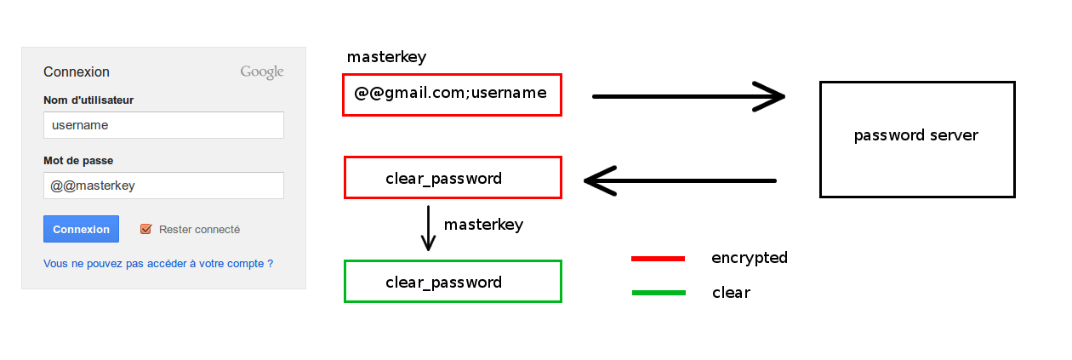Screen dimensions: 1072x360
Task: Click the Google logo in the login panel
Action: tap(262, 71)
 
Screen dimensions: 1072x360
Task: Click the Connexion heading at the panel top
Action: tap(77, 71)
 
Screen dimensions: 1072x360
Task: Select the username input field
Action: tap(163, 125)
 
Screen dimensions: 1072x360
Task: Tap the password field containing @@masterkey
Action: tap(163, 186)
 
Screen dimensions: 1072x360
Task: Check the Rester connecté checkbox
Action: tap(146, 229)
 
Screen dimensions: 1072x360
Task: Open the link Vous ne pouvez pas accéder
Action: tap(158, 263)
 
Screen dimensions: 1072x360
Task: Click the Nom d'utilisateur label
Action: tap(88, 100)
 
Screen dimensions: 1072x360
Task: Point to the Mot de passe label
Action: tap(78, 160)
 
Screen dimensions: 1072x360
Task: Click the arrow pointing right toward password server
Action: tap(689, 97)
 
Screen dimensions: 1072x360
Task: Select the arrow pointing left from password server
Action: tap(680, 181)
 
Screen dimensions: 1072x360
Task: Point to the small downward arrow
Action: tap(428, 228)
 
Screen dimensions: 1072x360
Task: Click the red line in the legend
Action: tap(658, 259)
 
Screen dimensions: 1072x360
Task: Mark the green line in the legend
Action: tap(659, 293)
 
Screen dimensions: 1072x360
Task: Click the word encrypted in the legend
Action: tap(750, 258)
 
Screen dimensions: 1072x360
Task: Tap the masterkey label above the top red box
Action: tap(386, 57)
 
